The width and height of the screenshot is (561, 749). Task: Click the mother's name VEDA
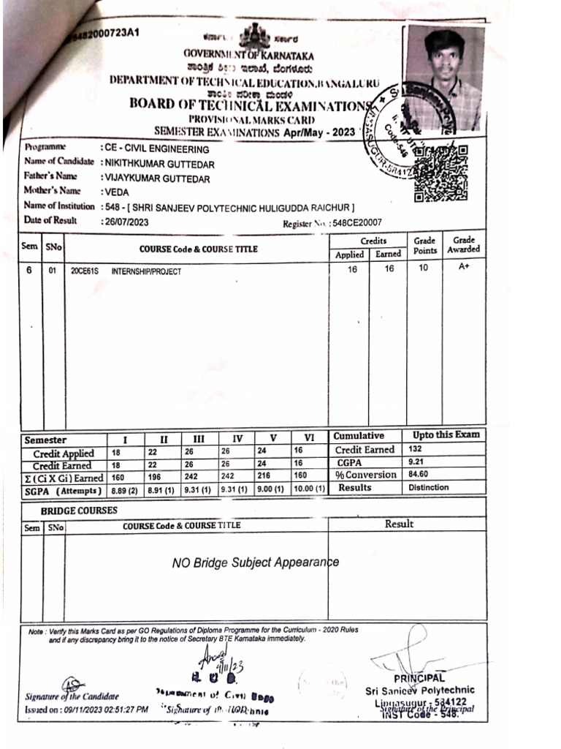click(116, 192)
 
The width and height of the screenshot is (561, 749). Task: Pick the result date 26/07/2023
click(126, 221)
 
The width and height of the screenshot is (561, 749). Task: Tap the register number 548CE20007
click(357, 223)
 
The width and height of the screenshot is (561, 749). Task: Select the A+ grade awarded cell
click(464, 268)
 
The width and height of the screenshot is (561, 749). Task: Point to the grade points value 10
click(424, 268)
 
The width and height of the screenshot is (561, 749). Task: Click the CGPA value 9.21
click(418, 463)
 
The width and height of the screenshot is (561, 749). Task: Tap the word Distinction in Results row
click(429, 487)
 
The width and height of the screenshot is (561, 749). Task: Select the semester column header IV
click(237, 439)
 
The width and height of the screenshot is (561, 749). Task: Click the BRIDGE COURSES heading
click(78, 510)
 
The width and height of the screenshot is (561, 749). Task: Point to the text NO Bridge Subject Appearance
click(255, 562)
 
